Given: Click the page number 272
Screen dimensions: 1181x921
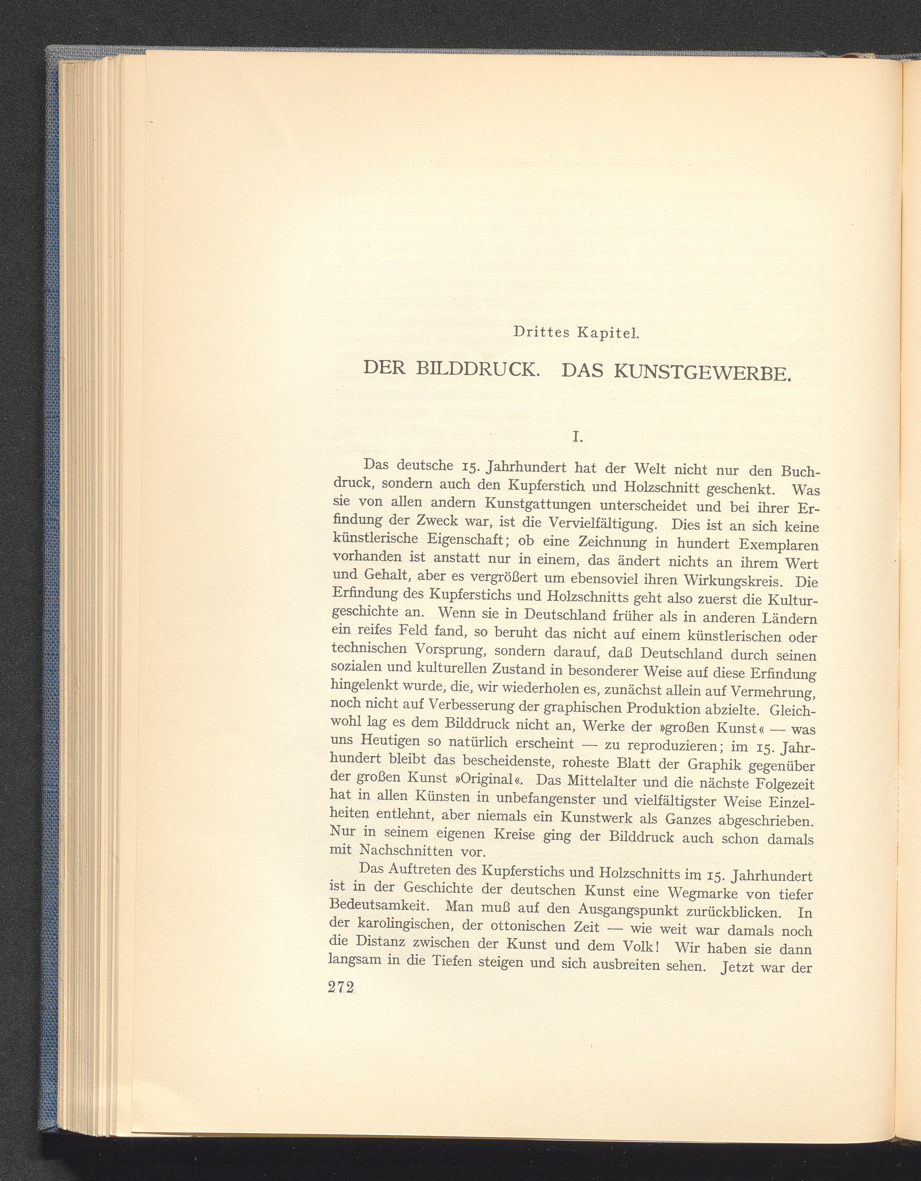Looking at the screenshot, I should point(341,987).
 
